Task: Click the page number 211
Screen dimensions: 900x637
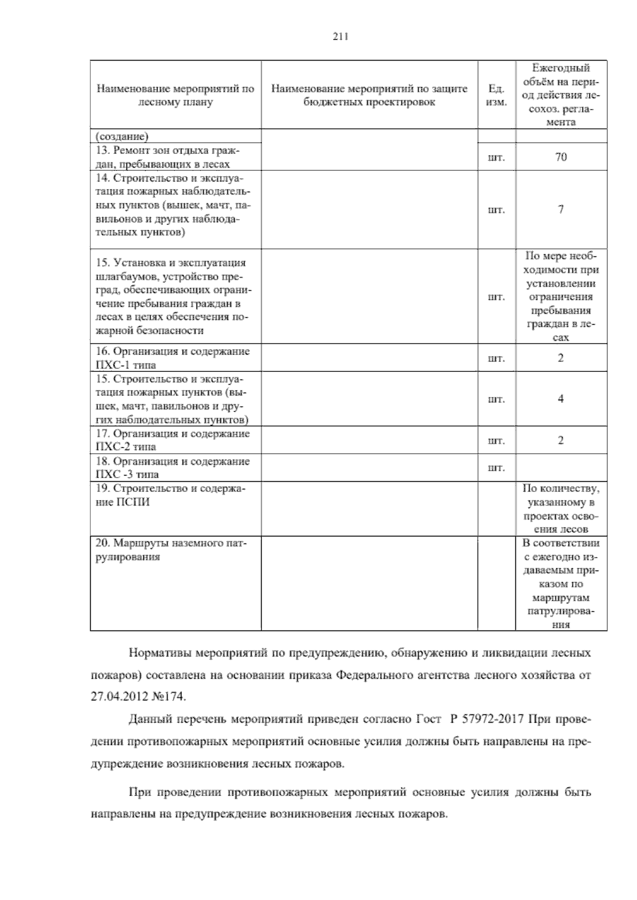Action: (x=340, y=37)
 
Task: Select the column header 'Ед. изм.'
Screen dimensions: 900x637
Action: (x=496, y=95)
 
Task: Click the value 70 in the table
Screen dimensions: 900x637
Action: (x=561, y=157)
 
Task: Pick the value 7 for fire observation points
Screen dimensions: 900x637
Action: (x=561, y=209)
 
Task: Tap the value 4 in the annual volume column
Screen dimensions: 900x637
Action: (x=561, y=399)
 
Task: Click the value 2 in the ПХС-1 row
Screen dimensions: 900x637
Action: (x=561, y=358)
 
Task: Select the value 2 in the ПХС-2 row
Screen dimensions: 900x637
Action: (x=561, y=440)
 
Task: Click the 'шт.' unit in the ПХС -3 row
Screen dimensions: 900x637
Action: (x=496, y=468)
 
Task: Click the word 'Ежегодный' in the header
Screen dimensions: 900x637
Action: (x=561, y=68)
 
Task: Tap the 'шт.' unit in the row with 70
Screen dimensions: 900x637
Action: (x=496, y=158)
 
